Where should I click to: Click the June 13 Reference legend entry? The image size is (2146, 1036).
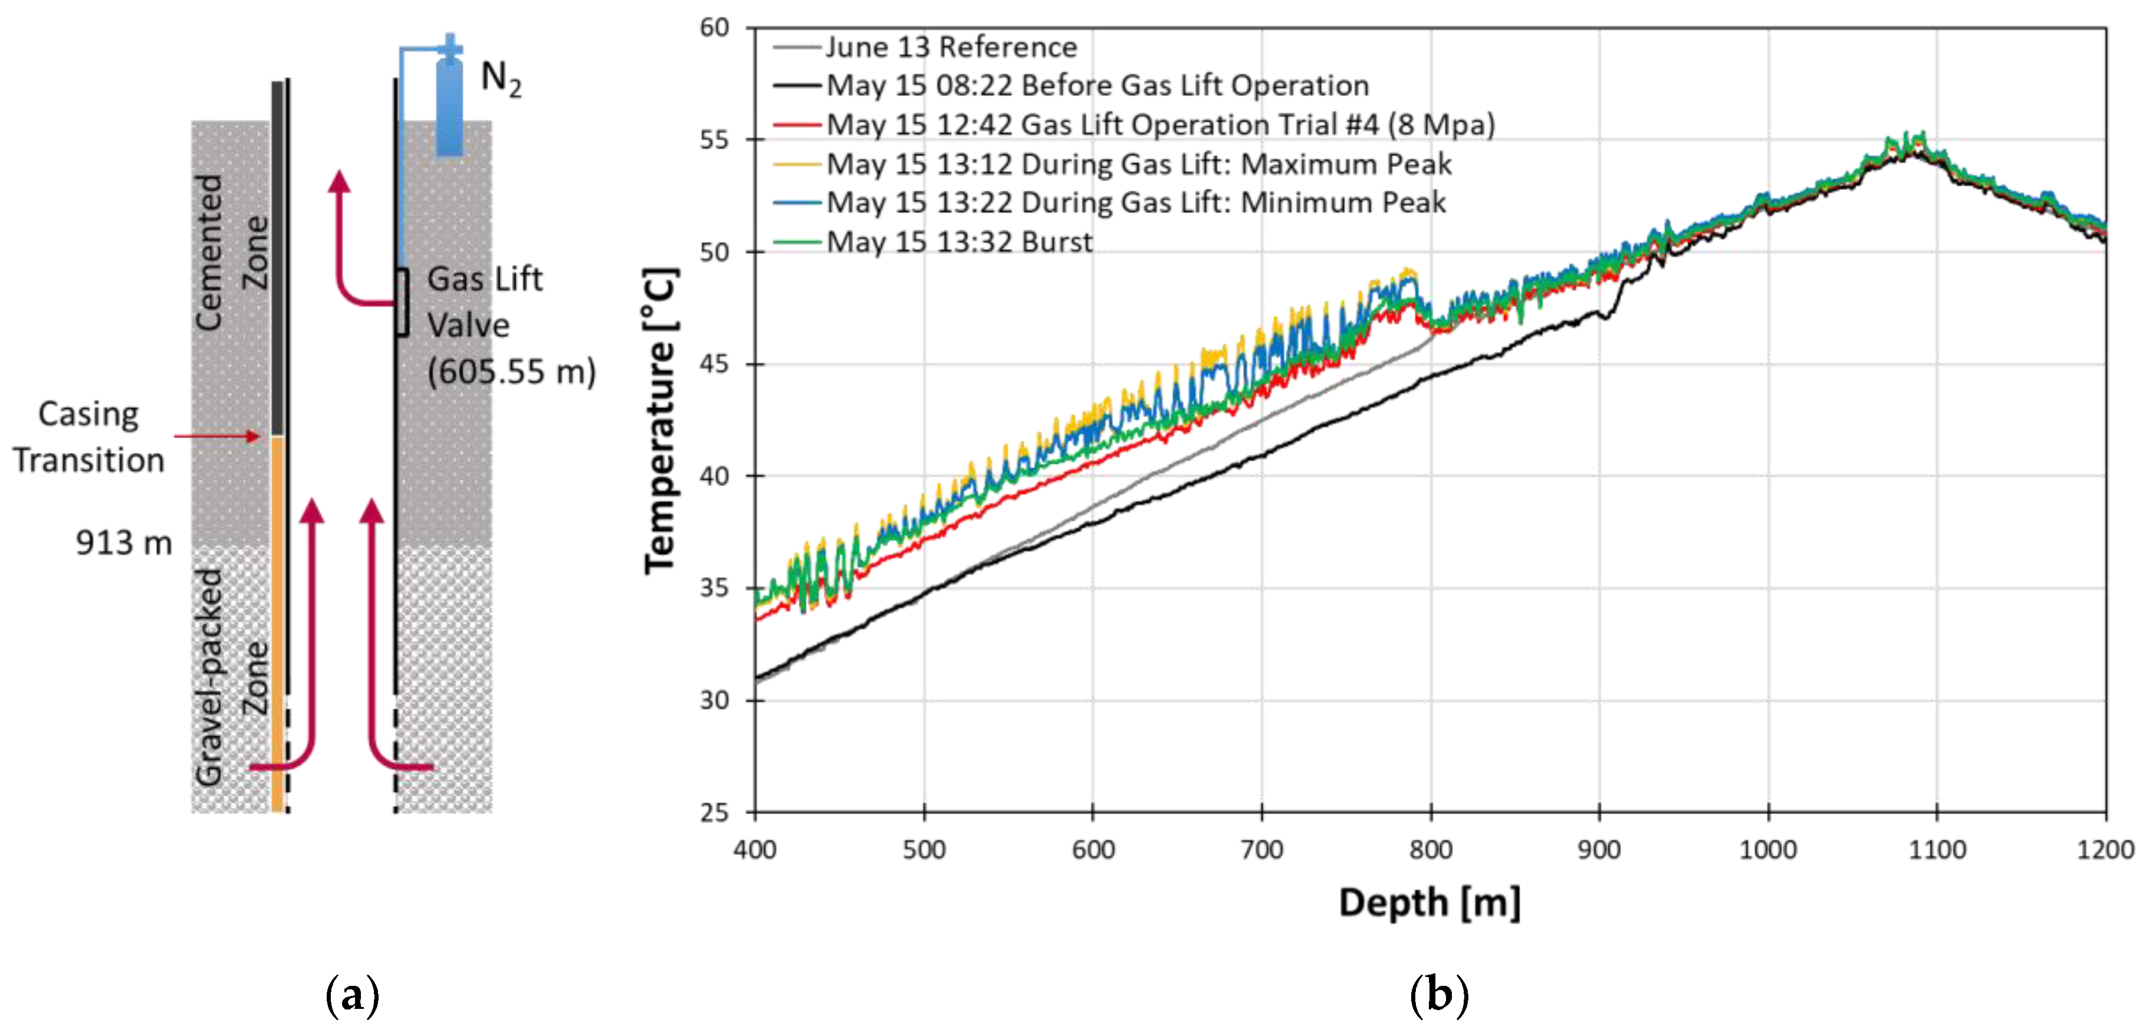point(949,47)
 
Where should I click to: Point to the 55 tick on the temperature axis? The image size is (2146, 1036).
point(714,140)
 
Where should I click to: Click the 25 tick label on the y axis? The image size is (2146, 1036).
point(714,812)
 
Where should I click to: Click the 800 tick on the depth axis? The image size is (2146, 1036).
point(1431,850)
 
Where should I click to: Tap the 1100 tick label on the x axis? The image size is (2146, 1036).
point(1936,850)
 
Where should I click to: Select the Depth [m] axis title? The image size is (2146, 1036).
point(1429,903)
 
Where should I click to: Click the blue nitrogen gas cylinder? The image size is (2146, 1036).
point(450,104)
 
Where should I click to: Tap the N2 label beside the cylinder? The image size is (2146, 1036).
point(501,79)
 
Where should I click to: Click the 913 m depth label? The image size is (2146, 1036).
point(123,543)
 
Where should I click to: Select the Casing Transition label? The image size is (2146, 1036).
point(88,437)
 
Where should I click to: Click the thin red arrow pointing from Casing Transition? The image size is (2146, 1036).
point(216,436)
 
